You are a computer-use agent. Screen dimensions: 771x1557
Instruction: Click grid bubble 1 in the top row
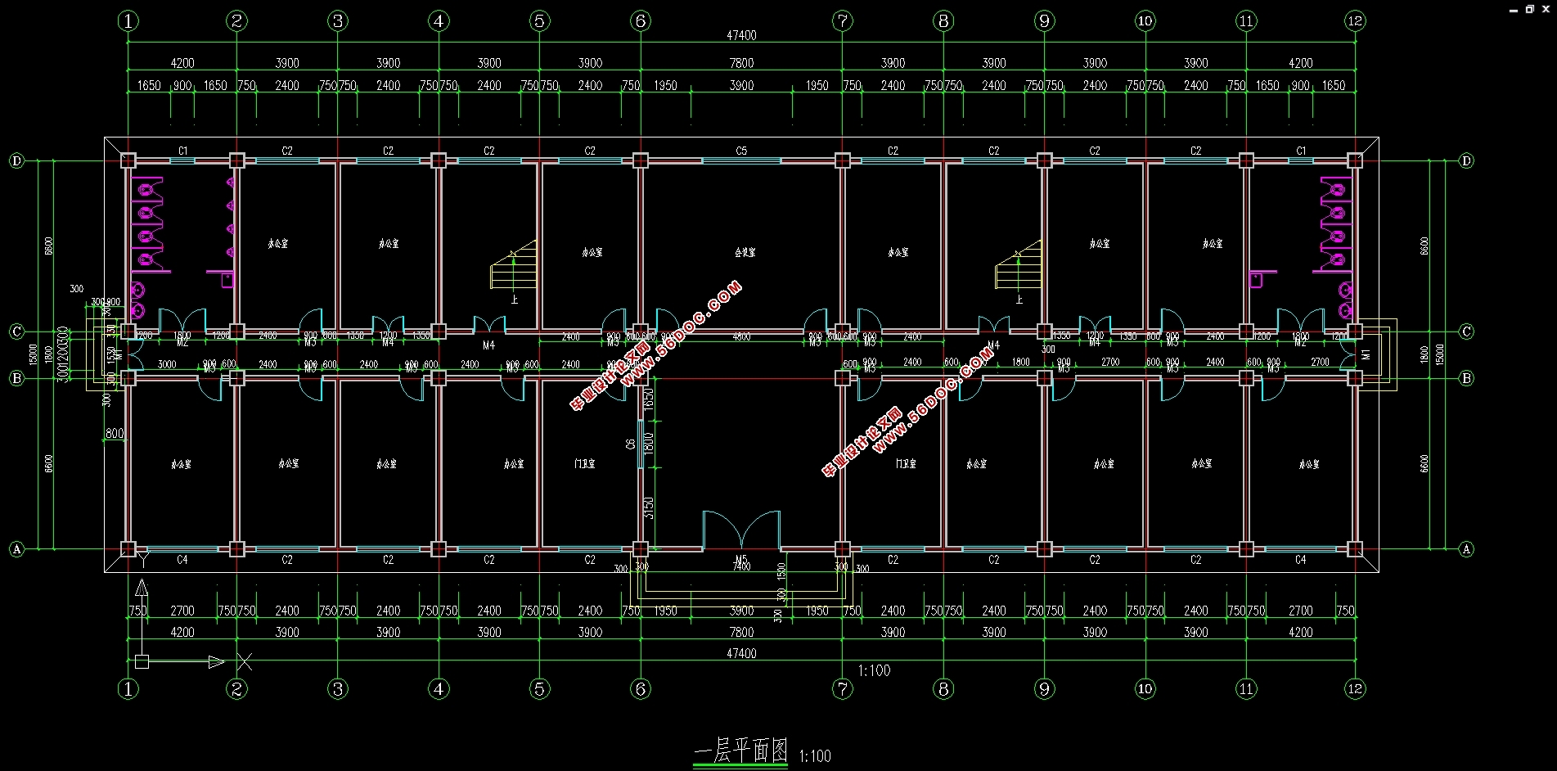pyautogui.click(x=128, y=21)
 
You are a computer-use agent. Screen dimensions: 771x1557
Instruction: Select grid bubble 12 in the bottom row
pyautogui.click(x=1355, y=688)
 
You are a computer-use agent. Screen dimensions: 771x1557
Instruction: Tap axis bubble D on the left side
pyautogui.click(x=16, y=160)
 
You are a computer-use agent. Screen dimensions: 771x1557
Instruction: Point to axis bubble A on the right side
pyautogui.click(x=1466, y=549)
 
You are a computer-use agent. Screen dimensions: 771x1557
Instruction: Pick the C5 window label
pyautogui.click(x=741, y=151)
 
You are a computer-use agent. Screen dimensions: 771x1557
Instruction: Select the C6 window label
pyautogui.click(x=631, y=444)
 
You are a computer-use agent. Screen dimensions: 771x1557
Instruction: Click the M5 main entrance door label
pyautogui.click(x=741, y=560)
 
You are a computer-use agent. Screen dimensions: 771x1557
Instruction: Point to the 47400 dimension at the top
pyautogui.click(x=741, y=36)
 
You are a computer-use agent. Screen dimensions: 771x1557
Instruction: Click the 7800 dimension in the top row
pyautogui.click(x=741, y=63)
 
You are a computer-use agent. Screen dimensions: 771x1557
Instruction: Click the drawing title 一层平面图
pyautogui.click(x=740, y=751)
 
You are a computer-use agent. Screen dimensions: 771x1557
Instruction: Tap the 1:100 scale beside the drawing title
pyautogui.click(x=815, y=756)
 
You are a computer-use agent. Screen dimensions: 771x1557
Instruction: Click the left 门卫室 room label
pyautogui.click(x=585, y=464)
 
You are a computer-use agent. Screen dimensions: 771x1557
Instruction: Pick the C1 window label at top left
pyautogui.click(x=183, y=151)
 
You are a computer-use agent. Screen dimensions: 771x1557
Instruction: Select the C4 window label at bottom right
pyautogui.click(x=1301, y=560)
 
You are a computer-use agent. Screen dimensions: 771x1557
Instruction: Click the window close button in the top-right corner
pyautogui.click(x=1546, y=9)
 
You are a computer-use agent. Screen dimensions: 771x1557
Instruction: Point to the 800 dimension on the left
pyautogui.click(x=115, y=434)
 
